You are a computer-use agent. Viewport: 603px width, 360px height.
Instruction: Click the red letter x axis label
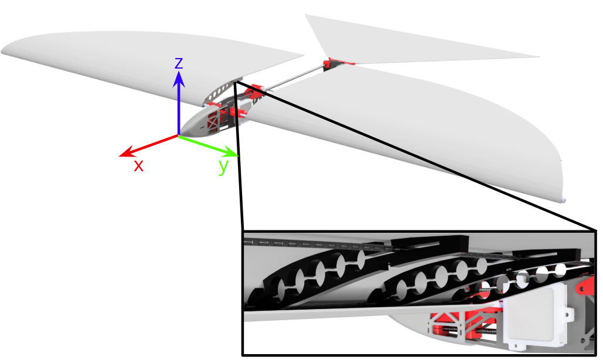(x=138, y=166)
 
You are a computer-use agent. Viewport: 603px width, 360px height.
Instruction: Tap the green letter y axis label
(x=223, y=167)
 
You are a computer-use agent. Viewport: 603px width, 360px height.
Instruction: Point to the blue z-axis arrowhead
(x=179, y=77)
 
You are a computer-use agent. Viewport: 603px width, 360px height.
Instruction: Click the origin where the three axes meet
(x=179, y=136)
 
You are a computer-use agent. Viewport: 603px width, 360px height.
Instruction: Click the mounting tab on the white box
(x=572, y=315)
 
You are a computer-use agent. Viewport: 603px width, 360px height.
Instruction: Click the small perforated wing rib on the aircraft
(x=221, y=92)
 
